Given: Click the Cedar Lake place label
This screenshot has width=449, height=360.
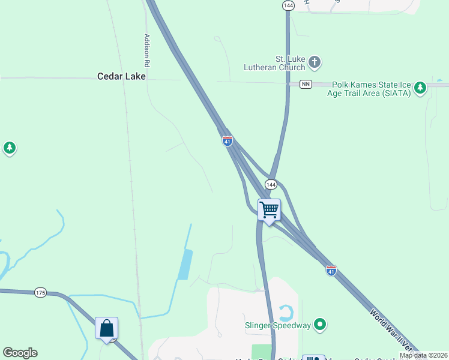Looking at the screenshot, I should pyautogui.click(x=122, y=77).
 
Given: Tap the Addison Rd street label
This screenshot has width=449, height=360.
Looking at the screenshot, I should pyautogui.click(x=146, y=50).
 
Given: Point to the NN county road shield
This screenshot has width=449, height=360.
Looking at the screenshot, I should pyautogui.click(x=306, y=84).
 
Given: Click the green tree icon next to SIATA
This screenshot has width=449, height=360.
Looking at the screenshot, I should pyautogui.click(x=421, y=88).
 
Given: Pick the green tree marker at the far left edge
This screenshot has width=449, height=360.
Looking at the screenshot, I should pyautogui.click(x=9, y=148).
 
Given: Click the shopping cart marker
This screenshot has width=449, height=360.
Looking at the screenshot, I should pyautogui.click(x=270, y=211).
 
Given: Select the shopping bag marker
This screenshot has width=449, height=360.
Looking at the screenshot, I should pyautogui.click(x=107, y=329).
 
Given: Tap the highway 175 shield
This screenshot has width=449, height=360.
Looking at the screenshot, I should pyautogui.click(x=40, y=293).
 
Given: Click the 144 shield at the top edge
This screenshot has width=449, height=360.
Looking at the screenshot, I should pyautogui.click(x=289, y=5).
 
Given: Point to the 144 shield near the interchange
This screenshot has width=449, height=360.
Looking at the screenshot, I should pyautogui.click(x=271, y=184).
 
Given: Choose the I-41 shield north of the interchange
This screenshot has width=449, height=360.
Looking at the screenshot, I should pyautogui.click(x=228, y=141).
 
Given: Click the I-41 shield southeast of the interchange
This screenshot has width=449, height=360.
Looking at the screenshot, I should pyautogui.click(x=331, y=271).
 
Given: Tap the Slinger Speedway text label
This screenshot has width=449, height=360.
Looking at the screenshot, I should pyautogui.click(x=278, y=326).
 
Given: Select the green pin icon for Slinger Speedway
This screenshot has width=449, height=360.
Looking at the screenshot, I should pyautogui.click(x=321, y=325).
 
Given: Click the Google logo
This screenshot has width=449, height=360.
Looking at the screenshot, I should pyautogui.click(x=20, y=353).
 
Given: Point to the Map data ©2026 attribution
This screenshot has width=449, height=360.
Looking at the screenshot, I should pyautogui.click(x=423, y=355).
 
